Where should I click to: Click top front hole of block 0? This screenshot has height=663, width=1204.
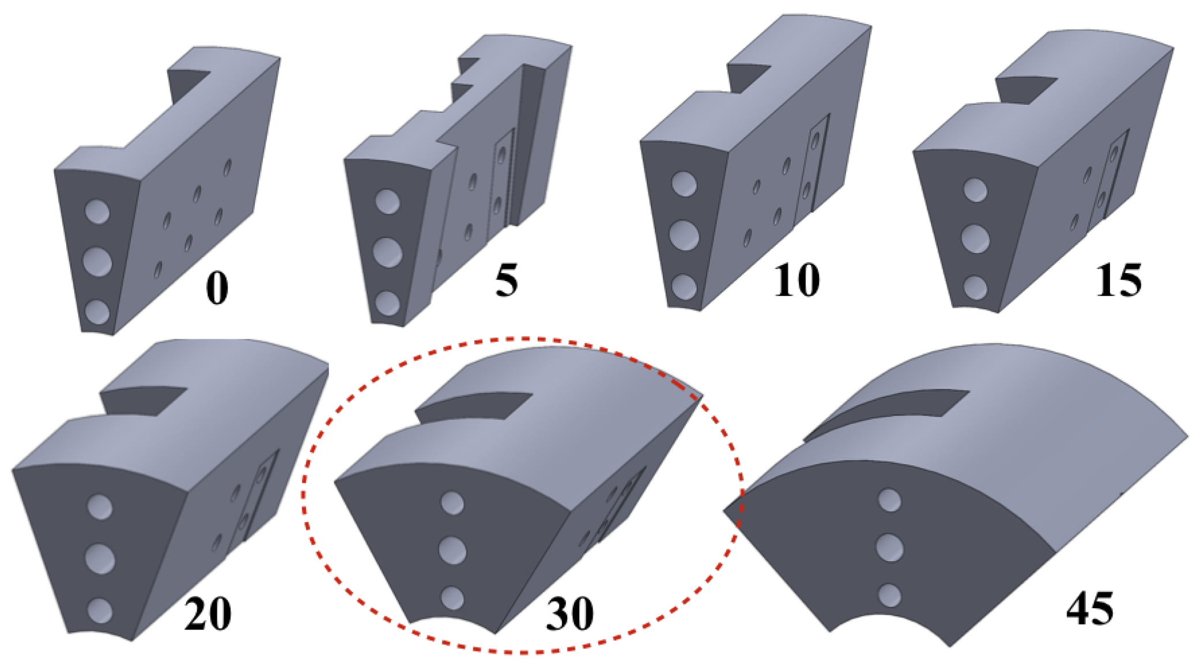coord(97,211)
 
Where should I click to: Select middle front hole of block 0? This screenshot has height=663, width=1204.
coord(97,262)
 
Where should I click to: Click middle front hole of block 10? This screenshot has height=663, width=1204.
coord(684,234)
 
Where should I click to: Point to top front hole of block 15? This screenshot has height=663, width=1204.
coord(975,190)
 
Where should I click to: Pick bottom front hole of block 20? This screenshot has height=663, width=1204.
coord(100,611)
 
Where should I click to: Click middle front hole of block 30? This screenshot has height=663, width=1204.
coord(452,550)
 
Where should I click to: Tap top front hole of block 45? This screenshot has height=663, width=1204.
coord(890,501)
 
